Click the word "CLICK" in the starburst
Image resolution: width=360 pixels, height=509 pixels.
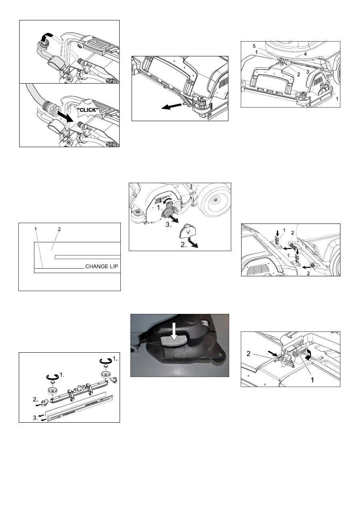(88, 110)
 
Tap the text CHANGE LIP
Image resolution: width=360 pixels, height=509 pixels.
(102, 266)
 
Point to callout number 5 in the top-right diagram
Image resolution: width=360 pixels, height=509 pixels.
(254, 46)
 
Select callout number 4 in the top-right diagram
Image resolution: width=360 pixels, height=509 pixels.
(305, 54)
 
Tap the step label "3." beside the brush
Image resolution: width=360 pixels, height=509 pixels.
(168, 225)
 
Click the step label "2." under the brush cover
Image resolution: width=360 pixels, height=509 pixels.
(184, 245)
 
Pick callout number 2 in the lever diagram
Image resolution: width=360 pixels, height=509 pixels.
(248, 353)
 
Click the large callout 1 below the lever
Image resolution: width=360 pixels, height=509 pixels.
(312, 380)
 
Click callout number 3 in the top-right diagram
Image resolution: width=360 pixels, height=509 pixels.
(308, 72)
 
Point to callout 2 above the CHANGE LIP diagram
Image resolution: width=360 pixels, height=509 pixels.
(59, 229)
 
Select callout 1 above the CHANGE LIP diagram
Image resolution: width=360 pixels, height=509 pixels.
(36, 229)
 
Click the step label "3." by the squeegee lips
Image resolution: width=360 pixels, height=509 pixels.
(36, 418)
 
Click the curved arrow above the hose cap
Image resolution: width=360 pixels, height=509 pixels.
(46, 36)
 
